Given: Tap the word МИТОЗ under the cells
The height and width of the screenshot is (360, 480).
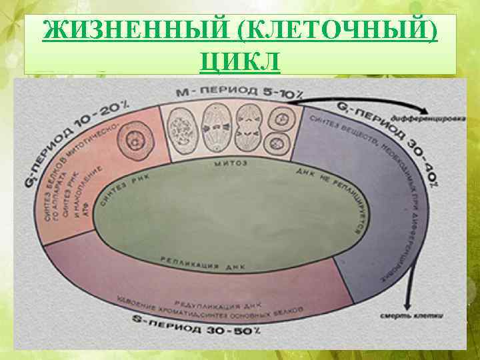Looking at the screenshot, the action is tap(232, 163).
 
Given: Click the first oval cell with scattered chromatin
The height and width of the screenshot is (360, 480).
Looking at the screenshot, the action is tap(181, 124).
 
